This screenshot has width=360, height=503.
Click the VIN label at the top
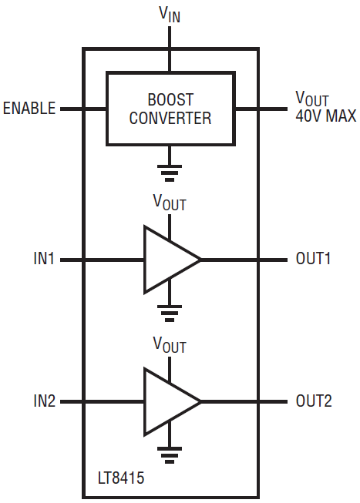170,15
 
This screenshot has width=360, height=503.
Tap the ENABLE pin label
29,109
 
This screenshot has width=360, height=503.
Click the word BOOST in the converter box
170,99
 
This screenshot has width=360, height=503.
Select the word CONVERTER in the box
170,118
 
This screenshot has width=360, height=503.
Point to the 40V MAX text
325,116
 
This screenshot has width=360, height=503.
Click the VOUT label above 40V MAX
312,99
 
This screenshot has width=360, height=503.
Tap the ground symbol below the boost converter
170,173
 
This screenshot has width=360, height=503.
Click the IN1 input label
44,258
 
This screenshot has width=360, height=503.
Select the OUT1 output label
313,258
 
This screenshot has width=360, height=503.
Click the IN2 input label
44,401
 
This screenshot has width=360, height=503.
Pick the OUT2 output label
314,401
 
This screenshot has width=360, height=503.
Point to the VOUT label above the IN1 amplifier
170,203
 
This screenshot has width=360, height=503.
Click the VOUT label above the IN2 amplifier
170,345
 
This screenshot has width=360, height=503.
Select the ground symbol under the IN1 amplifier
170,314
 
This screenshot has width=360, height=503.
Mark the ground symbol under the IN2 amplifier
170,455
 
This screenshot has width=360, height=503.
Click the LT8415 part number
121,478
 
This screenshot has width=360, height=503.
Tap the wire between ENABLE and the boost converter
83,109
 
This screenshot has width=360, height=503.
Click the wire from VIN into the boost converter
170,49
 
